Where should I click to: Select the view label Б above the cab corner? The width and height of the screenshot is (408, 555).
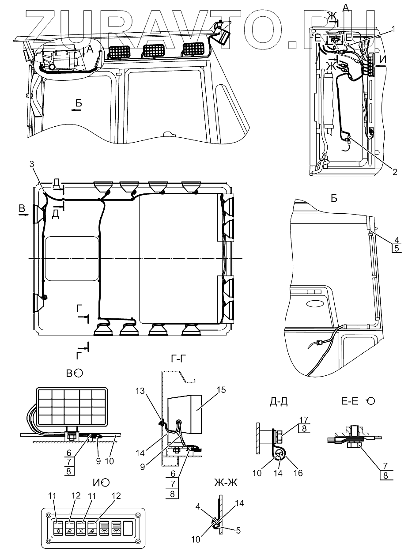[334, 198]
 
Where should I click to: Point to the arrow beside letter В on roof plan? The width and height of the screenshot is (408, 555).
[23, 216]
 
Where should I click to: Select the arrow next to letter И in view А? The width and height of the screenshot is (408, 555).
[381, 65]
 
